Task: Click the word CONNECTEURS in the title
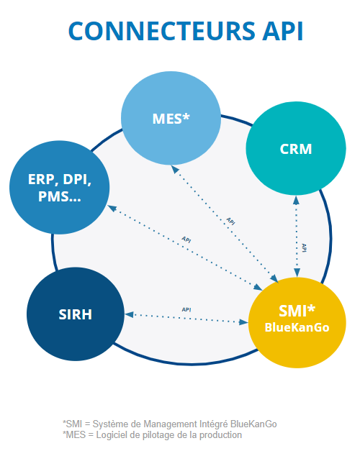(x=162, y=31)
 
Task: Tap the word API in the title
(x=282, y=31)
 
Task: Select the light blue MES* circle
(x=171, y=118)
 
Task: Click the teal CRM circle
(x=296, y=148)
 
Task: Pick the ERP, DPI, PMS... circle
(x=60, y=187)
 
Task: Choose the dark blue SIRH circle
(x=76, y=314)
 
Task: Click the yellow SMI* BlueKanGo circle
(x=297, y=322)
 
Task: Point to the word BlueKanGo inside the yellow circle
(x=297, y=327)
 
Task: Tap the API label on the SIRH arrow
(x=186, y=309)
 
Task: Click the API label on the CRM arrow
(x=304, y=247)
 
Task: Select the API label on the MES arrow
(x=230, y=222)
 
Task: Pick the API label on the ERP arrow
(x=186, y=240)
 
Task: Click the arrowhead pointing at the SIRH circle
(x=129, y=314)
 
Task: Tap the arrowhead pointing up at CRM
(x=296, y=200)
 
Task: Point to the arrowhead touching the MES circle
(x=175, y=169)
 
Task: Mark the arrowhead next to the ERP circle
(x=112, y=208)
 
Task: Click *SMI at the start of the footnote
(x=73, y=424)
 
